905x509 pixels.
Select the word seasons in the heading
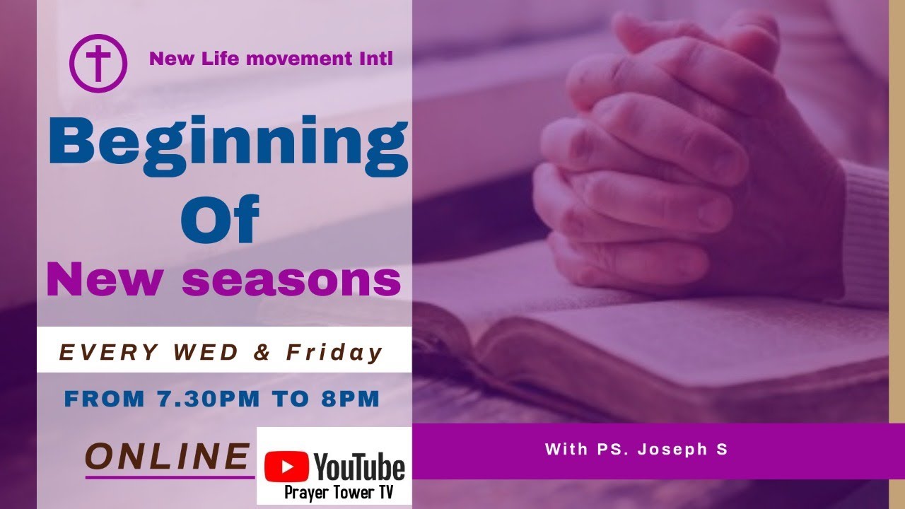click(x=291, y=280)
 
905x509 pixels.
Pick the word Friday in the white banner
click(x=334, y=352)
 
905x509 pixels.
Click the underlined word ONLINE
click(x=168, y=457)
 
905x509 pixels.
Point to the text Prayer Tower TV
click(x=338, y=493)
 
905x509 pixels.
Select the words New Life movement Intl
click(x=271, y=59)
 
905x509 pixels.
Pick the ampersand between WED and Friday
click(x=262, y=352)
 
